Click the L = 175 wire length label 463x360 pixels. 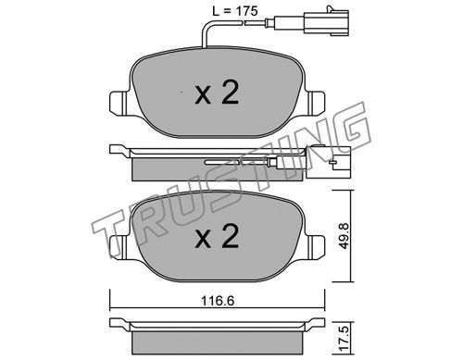[x=234, y=11]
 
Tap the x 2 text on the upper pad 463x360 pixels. [x=217, y=92]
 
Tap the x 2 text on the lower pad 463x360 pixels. [x=217, y=236]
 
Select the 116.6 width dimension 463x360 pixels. [x=218, y=301]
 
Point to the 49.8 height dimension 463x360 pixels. [x=344, y=235]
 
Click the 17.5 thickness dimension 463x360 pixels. [x=344, y=338]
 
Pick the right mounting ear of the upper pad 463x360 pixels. [x=315, y=103]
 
